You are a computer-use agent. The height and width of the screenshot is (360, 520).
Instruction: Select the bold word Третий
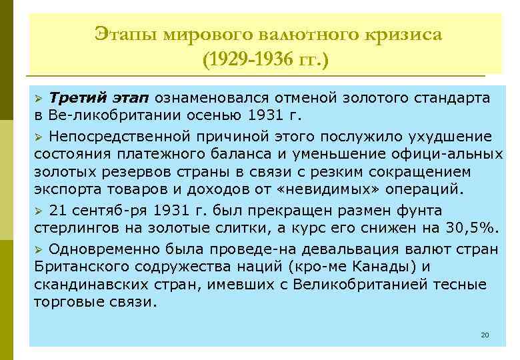[x=75, y=98]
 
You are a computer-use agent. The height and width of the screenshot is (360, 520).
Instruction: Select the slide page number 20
[x=485, y=334]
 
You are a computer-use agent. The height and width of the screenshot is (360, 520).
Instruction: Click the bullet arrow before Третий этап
[x=39, y=99]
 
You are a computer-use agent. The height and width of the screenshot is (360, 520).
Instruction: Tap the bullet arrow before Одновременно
[x=39, y=250]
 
